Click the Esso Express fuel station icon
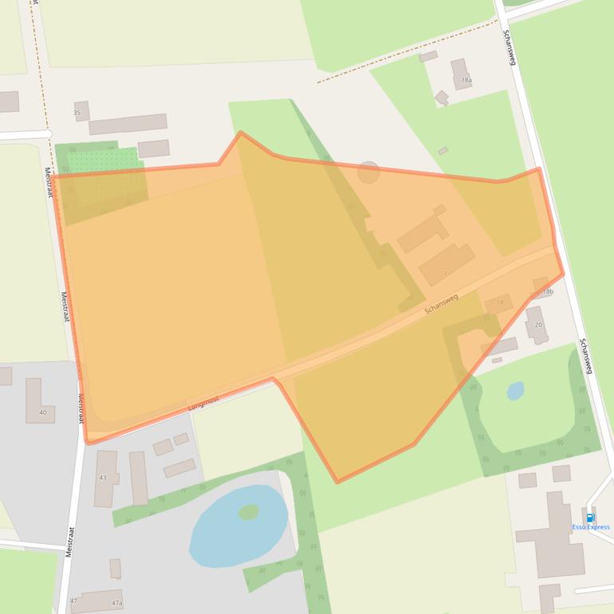591,518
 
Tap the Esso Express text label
591,527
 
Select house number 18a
466,81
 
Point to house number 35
77,112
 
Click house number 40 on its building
42,412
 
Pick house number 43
103,477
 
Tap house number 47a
116,603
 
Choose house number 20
538,325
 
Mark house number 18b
547,293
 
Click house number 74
500,303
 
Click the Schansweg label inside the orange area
441,303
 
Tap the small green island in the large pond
249,512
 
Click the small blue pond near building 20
515,391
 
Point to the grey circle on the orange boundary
368,171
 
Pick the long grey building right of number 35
128,124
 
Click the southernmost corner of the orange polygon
337,482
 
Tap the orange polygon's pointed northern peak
240,132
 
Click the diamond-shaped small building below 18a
441,97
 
